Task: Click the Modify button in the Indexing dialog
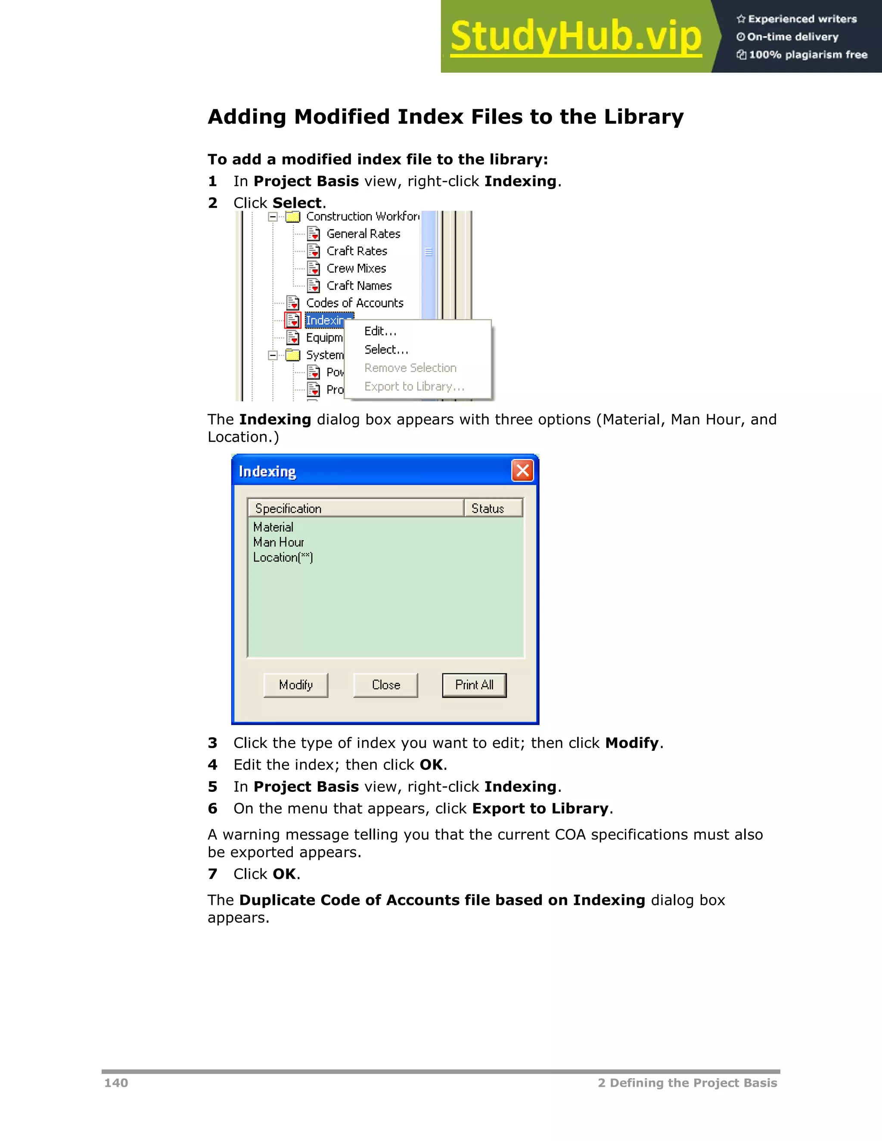296,685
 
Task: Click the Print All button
474,685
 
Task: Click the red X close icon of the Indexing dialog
522,471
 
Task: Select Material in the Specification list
273,527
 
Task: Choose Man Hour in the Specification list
279,542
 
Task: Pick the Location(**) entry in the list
283,558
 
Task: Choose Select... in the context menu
386,350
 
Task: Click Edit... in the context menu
380,331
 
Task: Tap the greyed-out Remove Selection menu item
410,368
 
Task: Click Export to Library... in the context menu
414,387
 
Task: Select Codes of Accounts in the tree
354,303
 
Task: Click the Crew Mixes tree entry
356,269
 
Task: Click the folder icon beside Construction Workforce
293,216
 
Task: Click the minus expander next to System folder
272,355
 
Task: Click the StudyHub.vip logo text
576,37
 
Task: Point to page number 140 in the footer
116,1082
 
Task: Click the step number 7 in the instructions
212,874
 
